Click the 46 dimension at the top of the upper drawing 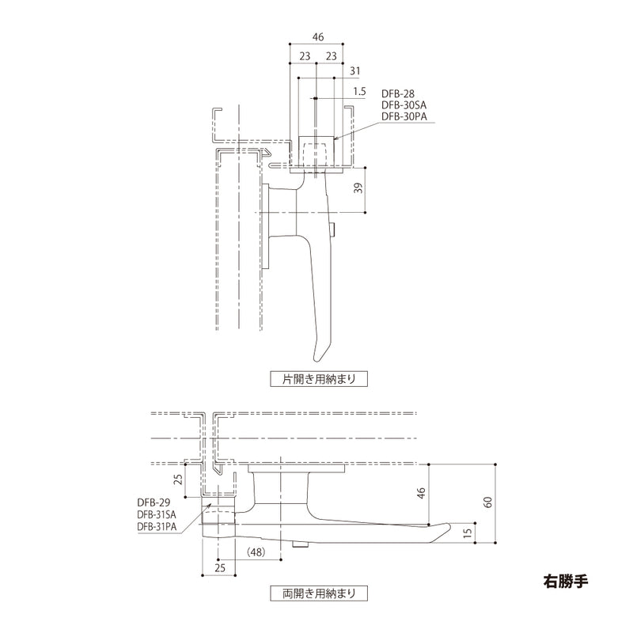pos(317,37)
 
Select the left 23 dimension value pos(304,56)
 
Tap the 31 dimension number pos(355,71)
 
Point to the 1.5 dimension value pos(359,92)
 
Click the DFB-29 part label pos(154,502)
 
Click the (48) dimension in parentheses pos(256,551)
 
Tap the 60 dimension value pos(488,502)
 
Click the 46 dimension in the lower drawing pos(422,493)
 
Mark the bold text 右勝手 pos(567,578)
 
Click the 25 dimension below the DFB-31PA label pos(220,566)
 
